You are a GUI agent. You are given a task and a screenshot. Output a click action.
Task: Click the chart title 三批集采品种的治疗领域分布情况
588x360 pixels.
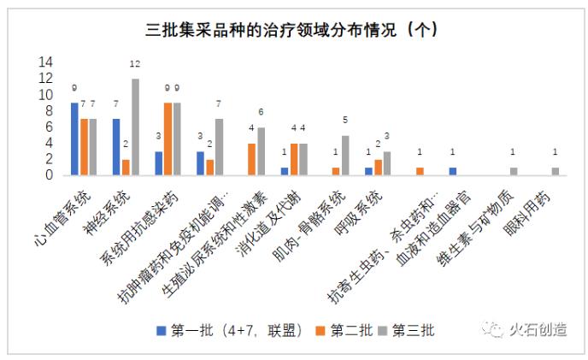point(291,29)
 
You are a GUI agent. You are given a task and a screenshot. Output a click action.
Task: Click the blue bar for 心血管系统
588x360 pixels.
point(74,139)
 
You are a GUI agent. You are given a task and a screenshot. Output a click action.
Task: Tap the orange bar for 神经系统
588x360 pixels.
point(126,167)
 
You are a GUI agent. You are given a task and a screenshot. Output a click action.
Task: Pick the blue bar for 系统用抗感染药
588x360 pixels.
point(158,163)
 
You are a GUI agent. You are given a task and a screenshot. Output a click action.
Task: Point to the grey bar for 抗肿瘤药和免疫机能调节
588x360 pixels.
point(219,147)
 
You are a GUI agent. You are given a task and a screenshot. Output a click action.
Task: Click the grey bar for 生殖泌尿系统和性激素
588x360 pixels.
point(261,151)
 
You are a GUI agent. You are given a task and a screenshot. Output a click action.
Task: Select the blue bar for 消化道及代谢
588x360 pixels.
point(284,171)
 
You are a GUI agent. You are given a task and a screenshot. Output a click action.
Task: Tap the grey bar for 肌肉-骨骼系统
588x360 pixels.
point(344,155)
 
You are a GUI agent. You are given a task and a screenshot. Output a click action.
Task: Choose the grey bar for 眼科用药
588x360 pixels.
point(555,171)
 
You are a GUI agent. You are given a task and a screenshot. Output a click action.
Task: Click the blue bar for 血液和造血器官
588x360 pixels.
point(452,171)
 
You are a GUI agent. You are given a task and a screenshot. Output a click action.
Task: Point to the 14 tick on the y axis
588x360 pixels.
point(45,62)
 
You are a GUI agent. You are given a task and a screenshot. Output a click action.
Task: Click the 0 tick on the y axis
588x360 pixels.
point(50,175)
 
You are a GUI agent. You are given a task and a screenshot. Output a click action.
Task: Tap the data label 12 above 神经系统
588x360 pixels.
point(135,64)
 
